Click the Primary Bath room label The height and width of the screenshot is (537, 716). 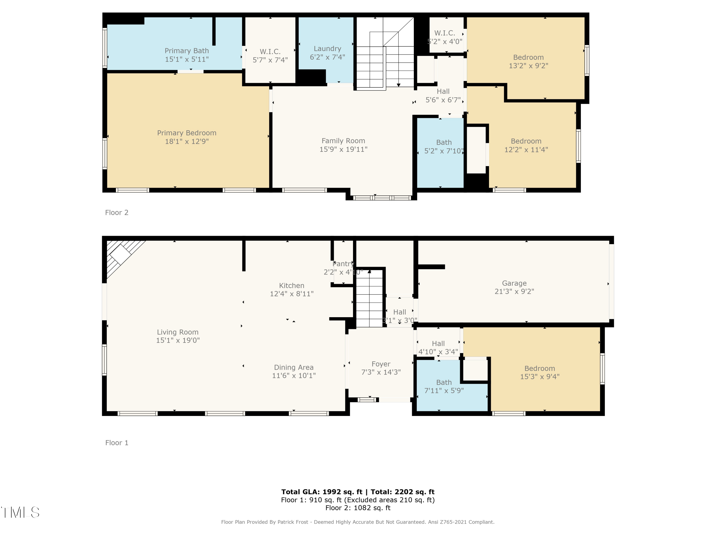pos(187,51)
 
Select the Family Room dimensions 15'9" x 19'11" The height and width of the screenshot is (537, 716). pos(343,149)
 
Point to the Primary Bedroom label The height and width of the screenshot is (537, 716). pos(187,133)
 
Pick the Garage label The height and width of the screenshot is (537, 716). pos(514,284)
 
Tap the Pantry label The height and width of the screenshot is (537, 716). pos(343,264)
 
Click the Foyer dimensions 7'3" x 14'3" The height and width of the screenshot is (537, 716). pos(381,372)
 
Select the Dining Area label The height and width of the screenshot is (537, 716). pos(294,367)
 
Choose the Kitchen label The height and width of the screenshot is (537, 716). pos(292,285)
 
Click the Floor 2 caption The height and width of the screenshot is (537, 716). pos(117,213)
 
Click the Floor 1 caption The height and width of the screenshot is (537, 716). pos(117,443)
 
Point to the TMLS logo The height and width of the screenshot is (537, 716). pos(20,512)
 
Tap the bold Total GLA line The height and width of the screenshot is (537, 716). pos(358,492)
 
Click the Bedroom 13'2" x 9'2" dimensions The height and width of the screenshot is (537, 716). pos(529,66)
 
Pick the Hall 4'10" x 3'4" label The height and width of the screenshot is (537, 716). pos(438,344)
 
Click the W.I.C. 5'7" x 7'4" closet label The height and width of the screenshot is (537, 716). pos(270,52)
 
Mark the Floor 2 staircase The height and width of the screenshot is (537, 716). pos(385,53)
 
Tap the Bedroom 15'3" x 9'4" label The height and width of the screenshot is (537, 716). pos(540,369)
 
